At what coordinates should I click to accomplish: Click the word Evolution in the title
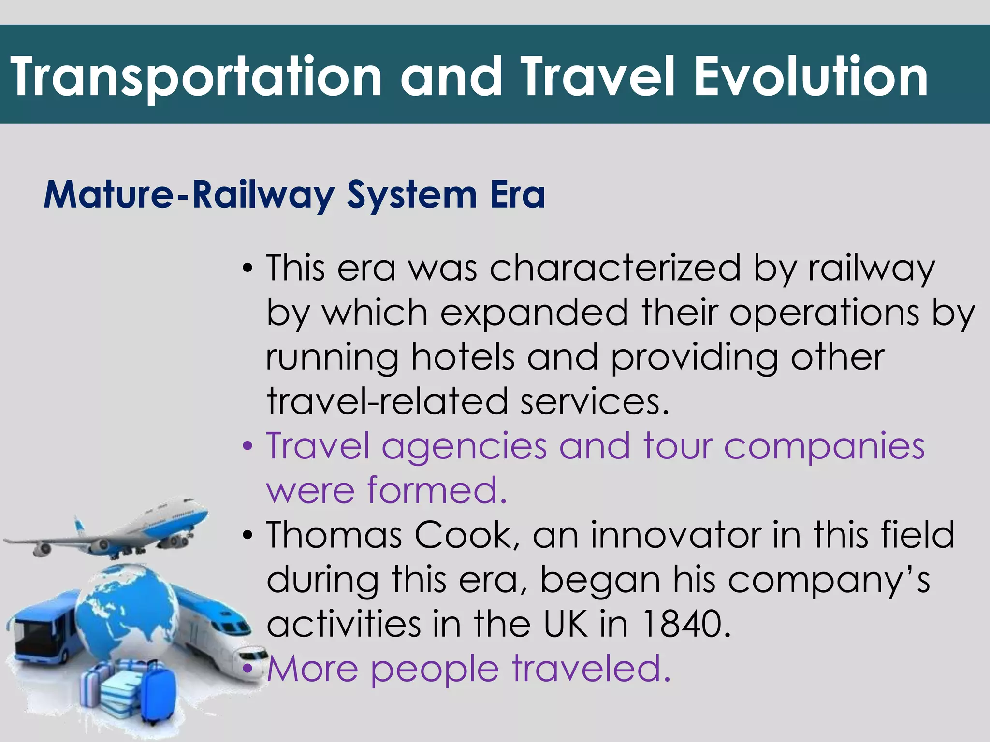pyautogui.click(x=811, y=76)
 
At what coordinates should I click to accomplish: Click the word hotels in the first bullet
pyautogui.click(x=463, y=357)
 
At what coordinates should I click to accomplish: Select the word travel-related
pyautogui.click(x=387, y=401)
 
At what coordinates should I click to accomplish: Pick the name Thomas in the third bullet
pyautogui.click(x=334, y=535)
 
